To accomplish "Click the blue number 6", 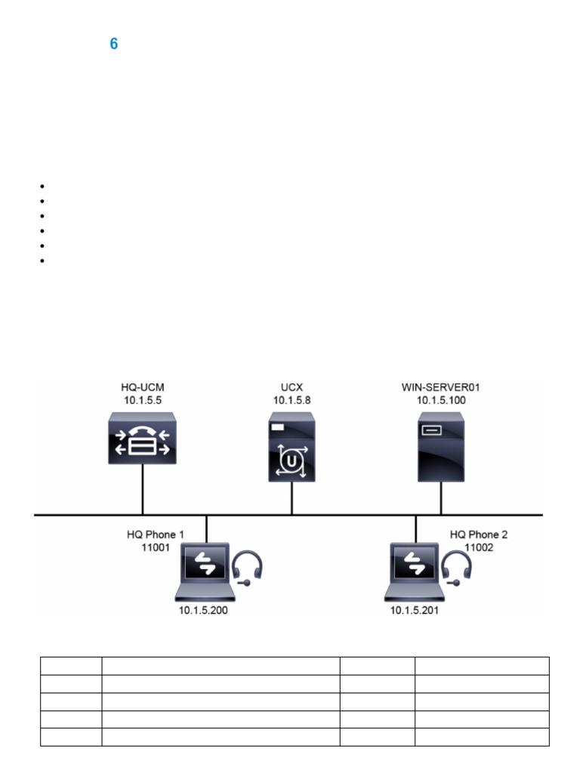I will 114,45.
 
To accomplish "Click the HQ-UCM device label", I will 143,388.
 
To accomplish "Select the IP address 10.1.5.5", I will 143,400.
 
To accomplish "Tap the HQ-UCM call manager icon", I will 143,438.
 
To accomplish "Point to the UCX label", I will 292,388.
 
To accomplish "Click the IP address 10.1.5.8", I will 292,400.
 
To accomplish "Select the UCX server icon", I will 292,451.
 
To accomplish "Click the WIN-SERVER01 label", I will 442,388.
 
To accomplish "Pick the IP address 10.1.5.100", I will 442,400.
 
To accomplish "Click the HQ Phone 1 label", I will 156,534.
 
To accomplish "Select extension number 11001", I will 156,547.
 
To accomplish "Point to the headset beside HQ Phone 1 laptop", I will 248,567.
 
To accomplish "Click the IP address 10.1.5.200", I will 203,611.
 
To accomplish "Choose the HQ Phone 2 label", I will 479,534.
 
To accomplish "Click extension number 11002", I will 479,547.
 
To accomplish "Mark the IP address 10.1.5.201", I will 414,611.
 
